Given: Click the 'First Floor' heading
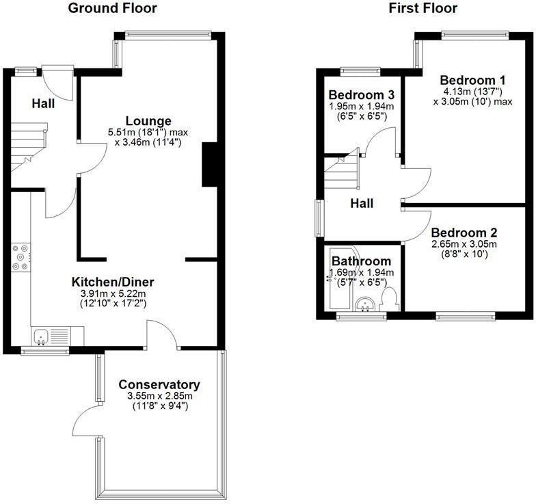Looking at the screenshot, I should pyautogui.click(x=423, y=9).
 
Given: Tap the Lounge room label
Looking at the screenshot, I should pyautogui.click(x=148, y=121).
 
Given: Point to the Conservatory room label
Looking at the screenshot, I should pyautogui.click(x=159, y=384).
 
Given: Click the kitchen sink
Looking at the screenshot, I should pyautogui.click(x=42, y=335).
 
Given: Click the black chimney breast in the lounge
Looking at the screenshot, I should pyautogui.click(x=210, y=165).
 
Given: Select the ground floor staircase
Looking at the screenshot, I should pyautogui.click(x=28, y=148).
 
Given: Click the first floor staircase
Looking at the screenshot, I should pyautogui.click(x=340, y=172).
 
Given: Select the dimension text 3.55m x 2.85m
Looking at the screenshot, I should pyautogui.click(x=159, y=395).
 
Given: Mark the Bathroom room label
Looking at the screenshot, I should pyautogui.click(x=361, y=261).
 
